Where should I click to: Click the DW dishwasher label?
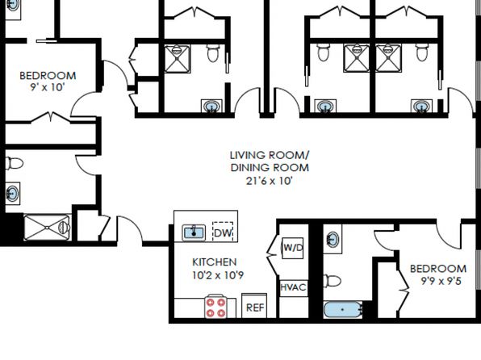[x=223, y=232]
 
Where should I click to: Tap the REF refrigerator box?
[x=254, y=306]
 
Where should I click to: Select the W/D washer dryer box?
[x=293, y=248]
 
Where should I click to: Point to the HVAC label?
[x=293, y=287]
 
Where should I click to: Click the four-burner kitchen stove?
[x=215, y=306]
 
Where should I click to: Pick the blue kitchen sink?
[x=194, y=232]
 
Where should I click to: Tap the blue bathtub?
[x=343, y=309]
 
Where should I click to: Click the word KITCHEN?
[x=215, y=262]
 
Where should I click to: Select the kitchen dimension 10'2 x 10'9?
[x=218, y=275]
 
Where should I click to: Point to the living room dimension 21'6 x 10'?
[x=269, y=181]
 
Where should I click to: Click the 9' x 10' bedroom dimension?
[x=48, y=87]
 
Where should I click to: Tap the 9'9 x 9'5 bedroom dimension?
[x=441, y=281]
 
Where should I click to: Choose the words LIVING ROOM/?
[x=270, y=155]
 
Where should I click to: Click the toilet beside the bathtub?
[x=333, y=281]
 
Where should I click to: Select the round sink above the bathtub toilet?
[x=333, y=240]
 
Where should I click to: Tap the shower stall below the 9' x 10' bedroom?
[x=47, y=228]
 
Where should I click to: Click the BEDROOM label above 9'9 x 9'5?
[x=438, y=269]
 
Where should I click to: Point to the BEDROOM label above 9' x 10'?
[x=48, y=76]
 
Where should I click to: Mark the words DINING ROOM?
[x=270, y=168]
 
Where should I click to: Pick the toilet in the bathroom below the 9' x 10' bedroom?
[x=15, y=163]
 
